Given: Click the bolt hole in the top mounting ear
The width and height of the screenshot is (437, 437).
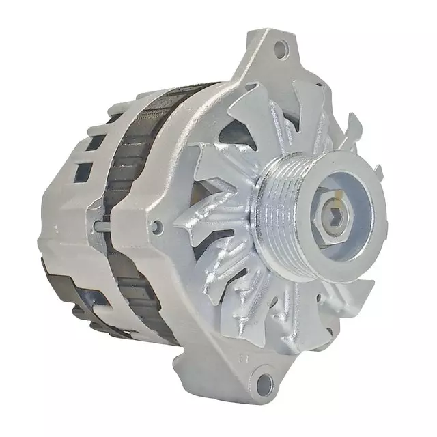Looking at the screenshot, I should (x=280, y=48).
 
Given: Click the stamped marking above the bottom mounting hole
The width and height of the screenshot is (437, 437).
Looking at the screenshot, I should (x=242, y=356).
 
